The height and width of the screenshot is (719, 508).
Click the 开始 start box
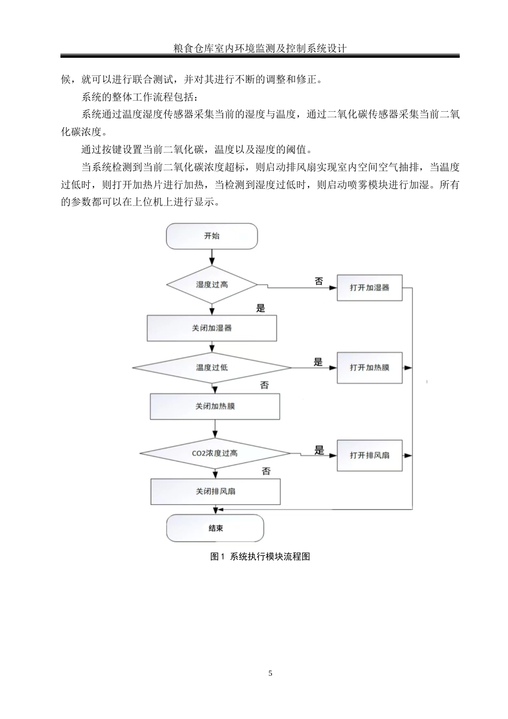pos(212,236)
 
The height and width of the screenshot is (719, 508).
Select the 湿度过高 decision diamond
pos(212,285)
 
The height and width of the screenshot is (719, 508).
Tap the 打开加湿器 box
pos(370,288)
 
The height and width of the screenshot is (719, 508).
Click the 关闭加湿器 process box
pos(212,328)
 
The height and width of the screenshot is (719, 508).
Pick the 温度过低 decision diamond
pos(212,368)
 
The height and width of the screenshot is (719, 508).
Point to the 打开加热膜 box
pos(370,368)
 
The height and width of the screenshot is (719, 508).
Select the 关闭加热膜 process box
pos(215,407)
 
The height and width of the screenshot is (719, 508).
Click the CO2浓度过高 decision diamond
pos(215,453)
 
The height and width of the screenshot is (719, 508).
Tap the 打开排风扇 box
pos(370,455)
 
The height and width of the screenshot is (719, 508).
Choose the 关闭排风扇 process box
pos(215,491)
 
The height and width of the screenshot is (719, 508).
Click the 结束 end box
pos(215,528)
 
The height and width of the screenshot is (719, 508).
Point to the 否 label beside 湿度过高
pos(319,281)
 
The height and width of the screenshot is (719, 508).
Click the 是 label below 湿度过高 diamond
pos(260,308)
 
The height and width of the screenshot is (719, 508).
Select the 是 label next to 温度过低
pos(318,362)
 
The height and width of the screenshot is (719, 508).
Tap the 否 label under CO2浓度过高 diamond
pos(266,471)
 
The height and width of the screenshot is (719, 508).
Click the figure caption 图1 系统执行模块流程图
pos(260,556)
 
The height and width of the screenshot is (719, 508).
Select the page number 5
pos(271,673)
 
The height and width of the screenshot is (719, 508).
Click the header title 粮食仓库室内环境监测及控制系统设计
pos(260,48)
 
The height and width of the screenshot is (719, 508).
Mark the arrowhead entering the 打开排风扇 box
pos(334,455)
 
